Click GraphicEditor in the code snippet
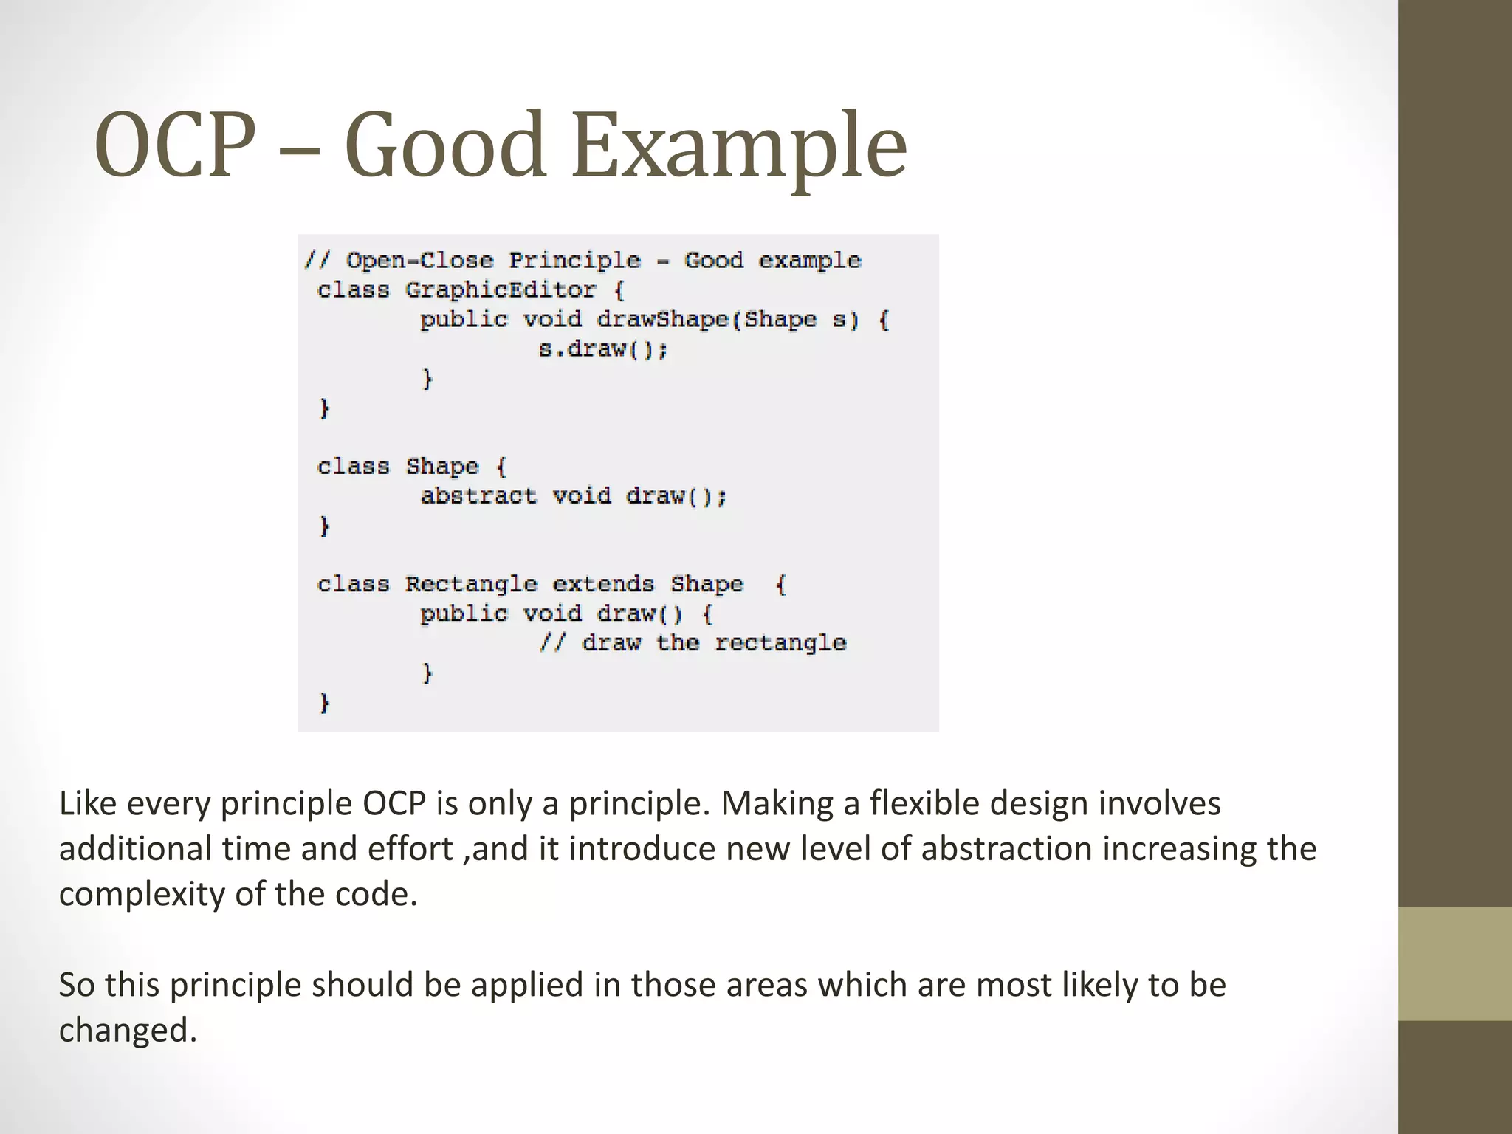pyautogui.click(x=500, y=289)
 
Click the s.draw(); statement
pyautogui.click(x=602, y=348)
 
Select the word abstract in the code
pyautogui.click(x=478, y=495)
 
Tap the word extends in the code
pyautogui.click(x=603, y=584)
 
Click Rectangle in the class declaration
pyautogui.click(x=471, y=584)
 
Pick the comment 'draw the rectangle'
pyautogui.click(x=713, y=643)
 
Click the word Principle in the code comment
pyautogui.click(x=574, y=260)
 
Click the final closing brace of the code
pyautogui.click(x=323, y=702)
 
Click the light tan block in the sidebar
pyautogui.click(x=1455, y=963)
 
